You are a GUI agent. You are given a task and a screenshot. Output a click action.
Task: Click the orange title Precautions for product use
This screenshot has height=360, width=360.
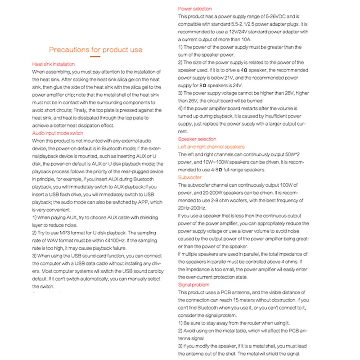coord(95,50)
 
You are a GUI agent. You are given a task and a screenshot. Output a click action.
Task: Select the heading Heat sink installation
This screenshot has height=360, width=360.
coord(54,64)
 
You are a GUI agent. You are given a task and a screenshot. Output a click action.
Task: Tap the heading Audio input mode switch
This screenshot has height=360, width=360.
coord(58,133)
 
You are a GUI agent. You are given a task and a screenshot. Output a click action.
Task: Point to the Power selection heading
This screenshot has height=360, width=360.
coord(195,9)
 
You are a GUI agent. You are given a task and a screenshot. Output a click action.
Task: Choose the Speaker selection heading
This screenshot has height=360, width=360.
coord(197,139)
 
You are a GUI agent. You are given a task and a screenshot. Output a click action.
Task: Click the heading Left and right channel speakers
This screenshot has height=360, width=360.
coord(211,147)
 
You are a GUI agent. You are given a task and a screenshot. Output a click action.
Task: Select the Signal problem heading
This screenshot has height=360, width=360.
coord(194,285)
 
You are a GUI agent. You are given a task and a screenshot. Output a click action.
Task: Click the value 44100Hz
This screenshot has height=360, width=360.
coord(111,241)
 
